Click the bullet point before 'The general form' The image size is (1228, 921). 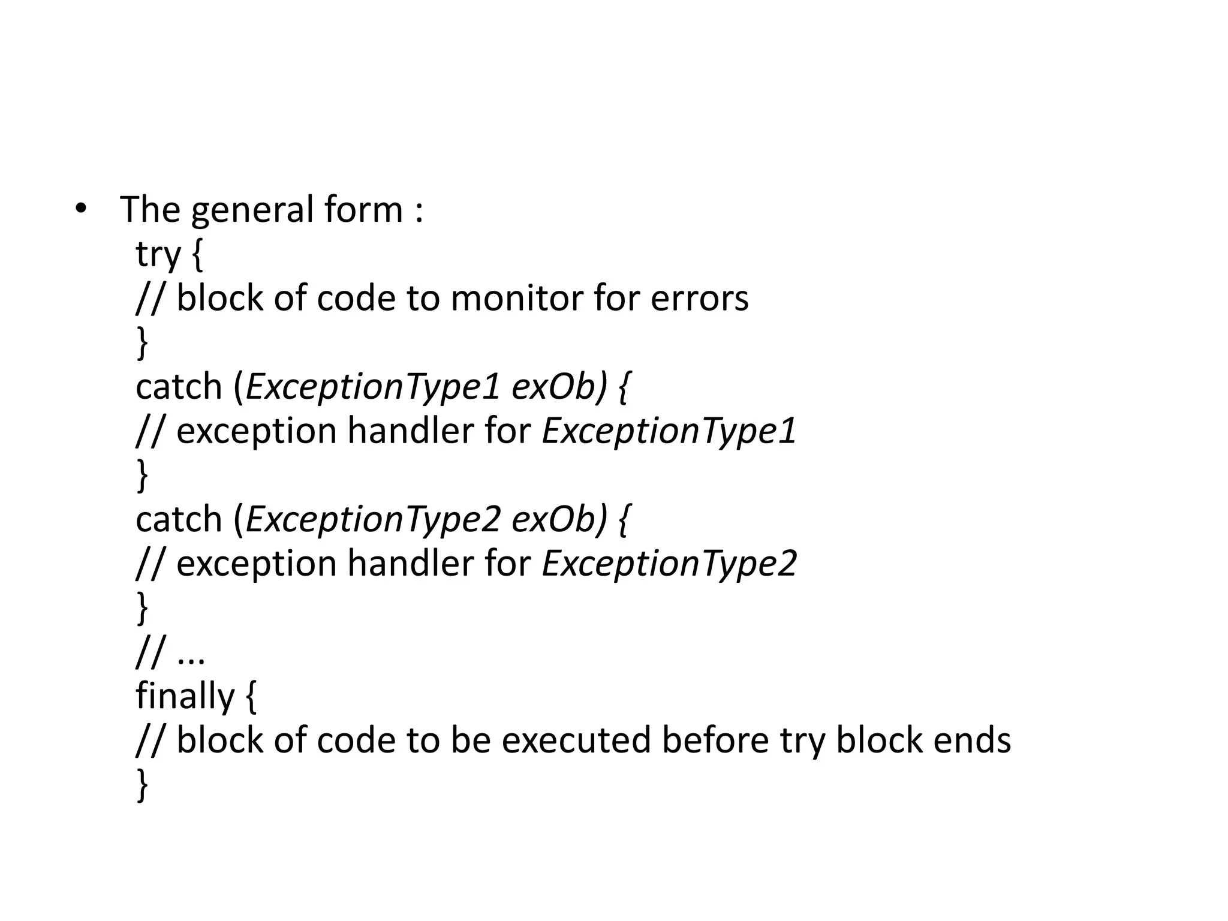pyautogui.click(x=80, y=209)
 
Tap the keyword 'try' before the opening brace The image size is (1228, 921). pyautogui.click(x=158, y=254)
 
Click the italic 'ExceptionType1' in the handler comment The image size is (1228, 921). pyautogui.click(x=669, y=431)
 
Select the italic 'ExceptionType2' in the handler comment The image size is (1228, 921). pyautogui.click(x=669, y=564)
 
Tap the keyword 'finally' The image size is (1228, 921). pyautogui.click(x=185, y=696)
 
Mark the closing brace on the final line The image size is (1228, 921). pyautogui.click(x=142, y=785)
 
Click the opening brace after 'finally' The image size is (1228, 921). pyautogui.click(x=251, y=697)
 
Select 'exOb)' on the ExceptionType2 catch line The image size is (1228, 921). pyautogui.click(x=559, y=519)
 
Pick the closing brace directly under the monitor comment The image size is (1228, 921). pyautogui.click(x=142, y=343)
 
